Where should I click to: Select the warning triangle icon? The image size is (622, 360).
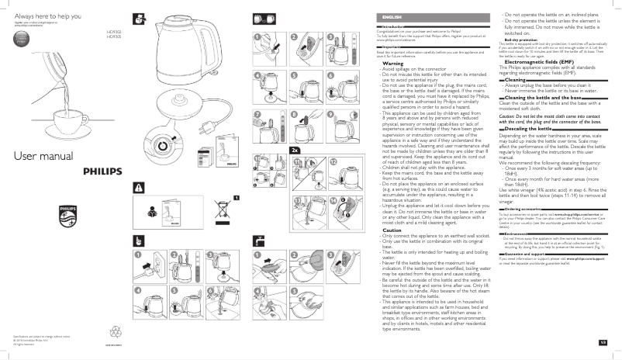140,188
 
